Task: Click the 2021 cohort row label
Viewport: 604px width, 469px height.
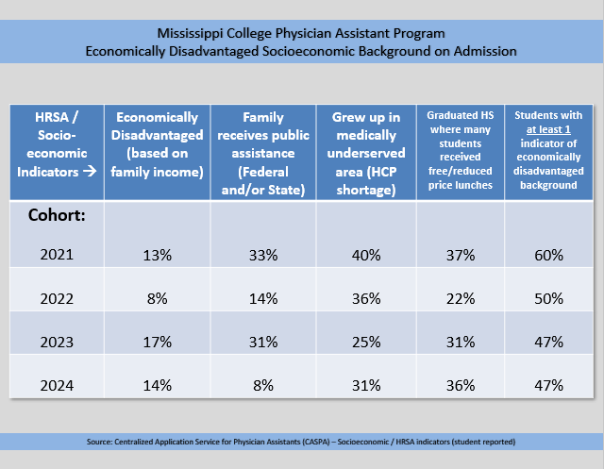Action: [x=57, y=255]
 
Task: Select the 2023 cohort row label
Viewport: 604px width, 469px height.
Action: [x=57, y=342]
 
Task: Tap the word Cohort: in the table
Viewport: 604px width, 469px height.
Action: [x=57, y=215]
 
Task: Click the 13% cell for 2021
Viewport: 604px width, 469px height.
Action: [x=158, y=255]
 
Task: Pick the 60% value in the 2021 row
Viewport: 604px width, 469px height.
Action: [x=548, y=255]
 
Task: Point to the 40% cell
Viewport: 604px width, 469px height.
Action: [x=366, y=255]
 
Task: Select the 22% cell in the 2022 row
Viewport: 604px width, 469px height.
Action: [x=461, y=298]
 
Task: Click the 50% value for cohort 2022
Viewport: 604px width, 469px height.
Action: [x=548, y=298]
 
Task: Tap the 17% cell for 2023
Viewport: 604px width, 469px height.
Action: [x=158, y=342]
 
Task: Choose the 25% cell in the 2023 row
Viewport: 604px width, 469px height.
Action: [x=366, y=342]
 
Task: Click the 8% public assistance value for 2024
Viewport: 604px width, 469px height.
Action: [x=263, y=385]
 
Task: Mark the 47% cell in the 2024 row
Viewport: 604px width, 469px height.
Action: [x=548, y=385]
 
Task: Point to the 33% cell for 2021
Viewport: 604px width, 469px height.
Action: [x=263, y=255]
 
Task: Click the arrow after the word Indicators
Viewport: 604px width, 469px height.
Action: [x=90, y=171]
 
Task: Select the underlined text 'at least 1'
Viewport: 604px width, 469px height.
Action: [x=548, y=130]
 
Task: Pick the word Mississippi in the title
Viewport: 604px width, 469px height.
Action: [x=190, y=34]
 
